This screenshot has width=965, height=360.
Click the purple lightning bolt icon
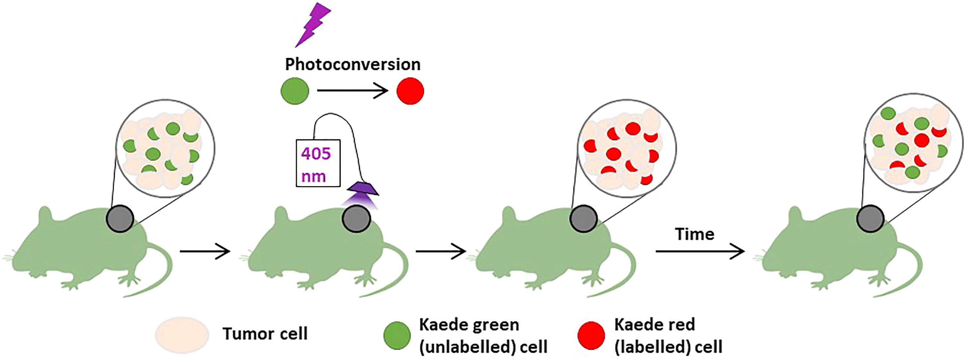pyautogui.click(x=313, y=24)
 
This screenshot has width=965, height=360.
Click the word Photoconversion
pyautogui.click(x=353, y=64)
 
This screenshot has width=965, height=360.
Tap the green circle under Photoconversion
pyautogui.click(x=295, y=91)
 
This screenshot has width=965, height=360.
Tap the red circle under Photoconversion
pyautogui.click(x=410, y=91)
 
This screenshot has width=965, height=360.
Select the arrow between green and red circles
pyautogui.click(x=352, y=91)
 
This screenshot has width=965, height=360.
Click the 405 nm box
pyautogui.click(x=318, y=163)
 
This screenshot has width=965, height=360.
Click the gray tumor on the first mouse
pyautogui.click(x=120, y=219)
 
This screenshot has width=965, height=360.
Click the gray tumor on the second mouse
pyautogui.click(x=356, y=219)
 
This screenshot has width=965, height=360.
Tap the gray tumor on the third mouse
pyautogui.click(x=583, y=219)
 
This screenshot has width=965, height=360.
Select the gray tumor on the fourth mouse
pyautogui.click(x=870, y=219)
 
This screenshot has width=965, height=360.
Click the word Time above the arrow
pyautogui.click(x=695, y=234)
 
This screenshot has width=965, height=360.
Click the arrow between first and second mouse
pyautogui.click(x=205, y=251)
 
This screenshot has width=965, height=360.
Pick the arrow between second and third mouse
pyautogui.click(x=441, y=251)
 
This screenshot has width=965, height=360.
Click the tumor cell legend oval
pyautogui.click(x=182, y=335)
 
